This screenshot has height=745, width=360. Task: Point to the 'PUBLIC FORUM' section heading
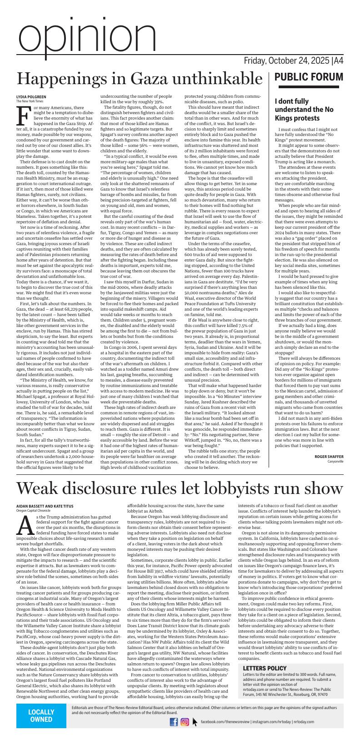tap(309, 77)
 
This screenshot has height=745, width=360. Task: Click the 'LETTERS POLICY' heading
tap(265, 668)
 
